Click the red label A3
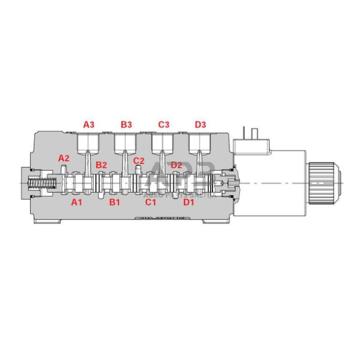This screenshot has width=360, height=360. point(89,124)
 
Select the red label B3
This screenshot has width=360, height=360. point(126,124)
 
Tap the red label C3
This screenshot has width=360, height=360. point(163,124)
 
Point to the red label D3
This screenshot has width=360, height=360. point(200,124)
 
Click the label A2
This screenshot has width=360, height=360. point(64,158)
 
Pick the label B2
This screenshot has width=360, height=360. point(102,165)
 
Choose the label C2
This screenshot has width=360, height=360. point(139,161)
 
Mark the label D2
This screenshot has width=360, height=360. point(176,165)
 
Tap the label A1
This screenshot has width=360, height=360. point(77,201)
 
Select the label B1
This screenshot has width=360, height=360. point(114,201)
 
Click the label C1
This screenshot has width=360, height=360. point(151,201)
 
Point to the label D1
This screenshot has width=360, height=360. point(189,201)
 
